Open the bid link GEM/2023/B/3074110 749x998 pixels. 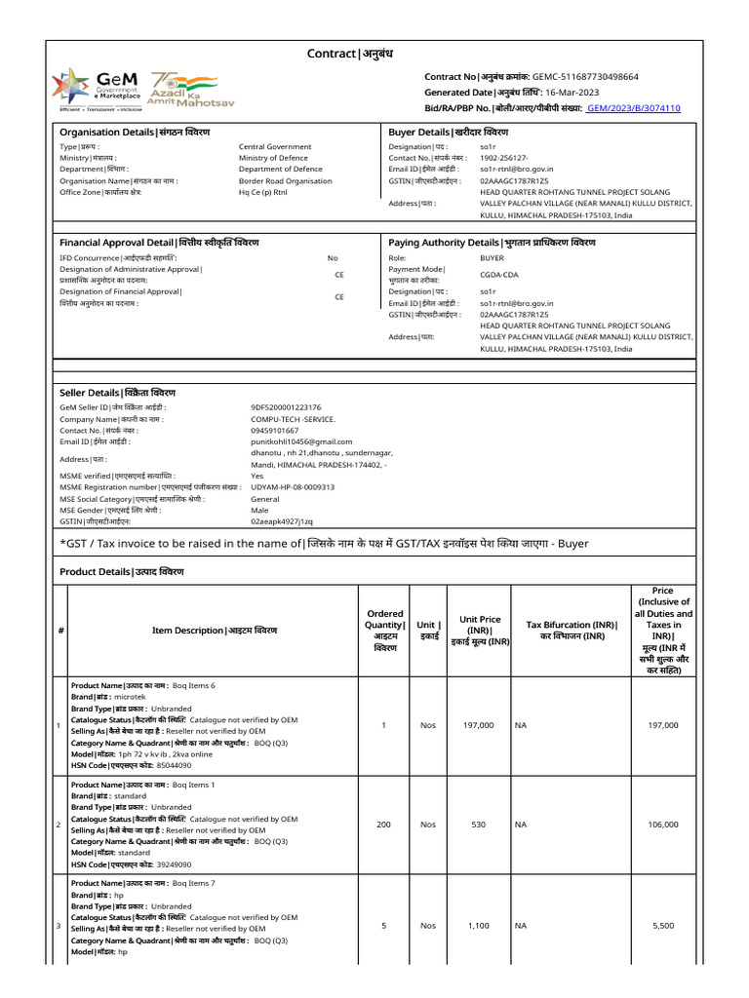[633, 108]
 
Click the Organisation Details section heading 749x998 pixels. [135, 132]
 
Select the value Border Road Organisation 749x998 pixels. [285, 180]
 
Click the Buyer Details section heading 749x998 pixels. [448, 132]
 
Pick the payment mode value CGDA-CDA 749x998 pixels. [498, 275]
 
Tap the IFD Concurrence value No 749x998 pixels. [333, 258]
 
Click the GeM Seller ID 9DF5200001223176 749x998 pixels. [286, 407]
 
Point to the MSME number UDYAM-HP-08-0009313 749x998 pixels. [293, 486]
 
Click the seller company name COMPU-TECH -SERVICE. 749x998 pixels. [293, 419]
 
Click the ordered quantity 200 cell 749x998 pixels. [383, 825]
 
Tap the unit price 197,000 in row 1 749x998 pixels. [478, 725]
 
